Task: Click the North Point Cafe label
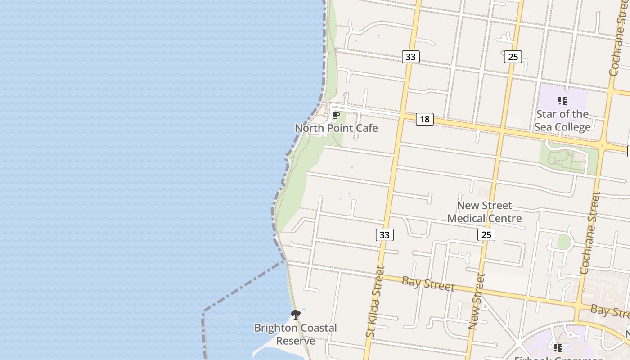(336, 128)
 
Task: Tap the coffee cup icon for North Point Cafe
(336, 116)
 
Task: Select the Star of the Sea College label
(562, 121)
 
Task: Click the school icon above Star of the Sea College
(562, 101)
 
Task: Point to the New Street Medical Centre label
(484, 212)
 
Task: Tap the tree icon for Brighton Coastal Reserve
(295, 315)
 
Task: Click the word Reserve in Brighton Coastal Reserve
(295, 341)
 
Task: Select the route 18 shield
(424, 119)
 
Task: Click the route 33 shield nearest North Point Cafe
(410, 57)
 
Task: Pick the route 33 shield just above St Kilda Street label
(384, 235)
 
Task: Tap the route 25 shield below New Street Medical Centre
(486, 235)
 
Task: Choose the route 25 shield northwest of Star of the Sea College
(513, 57)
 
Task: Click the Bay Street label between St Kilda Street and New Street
(428, 284)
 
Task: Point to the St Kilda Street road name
(375, 301)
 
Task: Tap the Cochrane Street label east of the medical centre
(590, 233)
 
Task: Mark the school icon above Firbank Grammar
(558, 348)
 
